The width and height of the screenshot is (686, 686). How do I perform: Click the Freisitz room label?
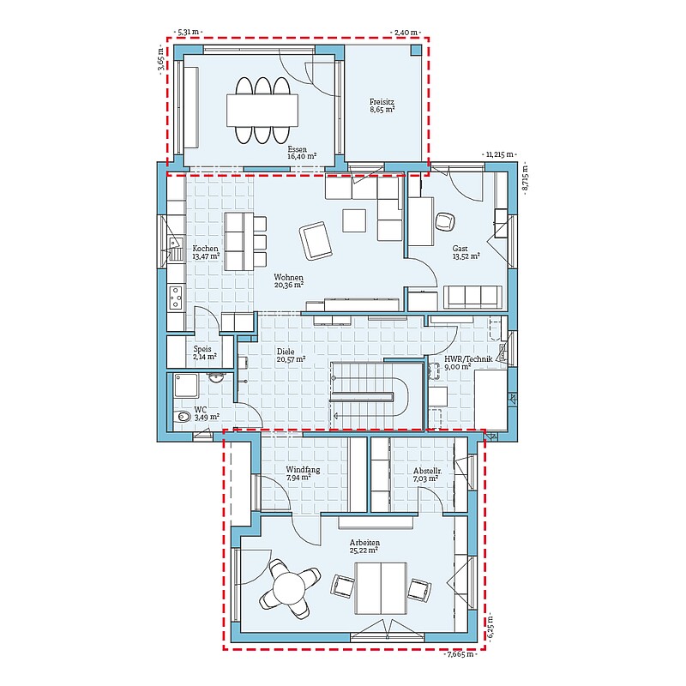click(x=382, y=102)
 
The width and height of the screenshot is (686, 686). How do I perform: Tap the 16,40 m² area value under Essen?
click(x=302, y=157)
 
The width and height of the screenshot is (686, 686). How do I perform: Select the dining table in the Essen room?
click(x=262, y=110)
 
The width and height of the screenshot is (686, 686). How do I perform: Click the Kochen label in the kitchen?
click(x=205, y=249)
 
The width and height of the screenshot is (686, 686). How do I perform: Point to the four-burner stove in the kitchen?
click(x=176, y=298)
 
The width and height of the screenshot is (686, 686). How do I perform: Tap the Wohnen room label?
click(x=288, y=277)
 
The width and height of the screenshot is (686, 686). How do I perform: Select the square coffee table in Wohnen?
click(x=354, y=220)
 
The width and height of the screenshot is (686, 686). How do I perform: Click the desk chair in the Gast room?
click(x=445, y=221)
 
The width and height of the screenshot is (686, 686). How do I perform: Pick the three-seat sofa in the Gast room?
click(x=472, y=297)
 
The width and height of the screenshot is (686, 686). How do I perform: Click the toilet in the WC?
click(x=183, y=417)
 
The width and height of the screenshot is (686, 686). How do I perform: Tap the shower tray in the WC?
click(x=186, y=385)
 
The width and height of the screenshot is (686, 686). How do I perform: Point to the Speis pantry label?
click(x=202, y=349)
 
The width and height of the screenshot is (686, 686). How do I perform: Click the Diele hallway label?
click(x=286, y=352)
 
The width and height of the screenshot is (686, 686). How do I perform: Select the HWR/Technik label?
click(x=468, y=359)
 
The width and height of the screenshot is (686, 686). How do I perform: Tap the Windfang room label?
click(x=303, y=470)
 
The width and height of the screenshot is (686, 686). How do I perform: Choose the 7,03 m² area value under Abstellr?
click(x=425, y=479)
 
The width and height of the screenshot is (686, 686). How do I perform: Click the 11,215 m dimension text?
click(x=499, y=154)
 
